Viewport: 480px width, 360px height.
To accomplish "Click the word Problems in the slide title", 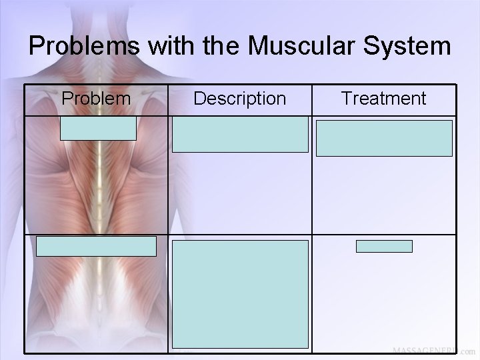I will [76, 47].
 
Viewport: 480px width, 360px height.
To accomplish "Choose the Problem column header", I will [96, 99].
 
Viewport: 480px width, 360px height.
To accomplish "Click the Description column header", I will [239, 99].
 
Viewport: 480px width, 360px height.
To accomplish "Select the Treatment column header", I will [383, 99].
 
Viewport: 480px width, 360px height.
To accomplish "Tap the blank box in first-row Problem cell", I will [98, 128].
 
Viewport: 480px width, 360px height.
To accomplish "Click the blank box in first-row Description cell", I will [241, 135].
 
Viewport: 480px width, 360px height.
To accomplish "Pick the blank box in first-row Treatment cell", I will [384, 137].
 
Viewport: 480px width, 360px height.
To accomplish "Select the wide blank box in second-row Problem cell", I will [96, 246].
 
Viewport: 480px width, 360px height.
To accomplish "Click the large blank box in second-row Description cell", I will [241, 294].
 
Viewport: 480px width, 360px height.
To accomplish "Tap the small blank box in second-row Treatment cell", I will [384, 247].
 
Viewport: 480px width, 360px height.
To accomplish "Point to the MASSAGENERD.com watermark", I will [433, 351].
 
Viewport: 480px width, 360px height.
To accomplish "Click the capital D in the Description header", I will [199, 99].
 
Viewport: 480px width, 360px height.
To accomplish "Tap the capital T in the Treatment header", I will [347, 99].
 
